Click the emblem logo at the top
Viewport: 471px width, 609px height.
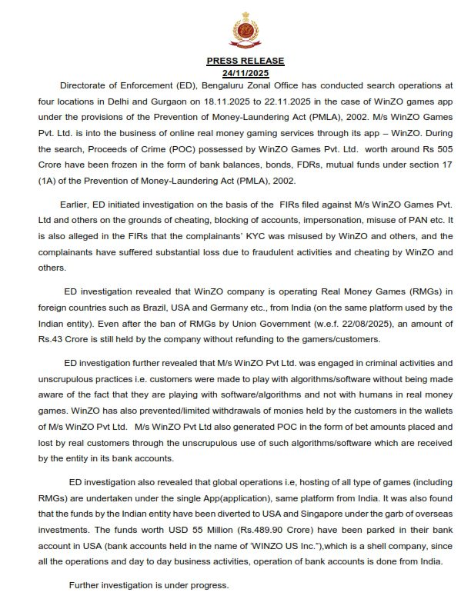[245, 32]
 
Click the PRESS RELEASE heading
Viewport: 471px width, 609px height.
[245, 61]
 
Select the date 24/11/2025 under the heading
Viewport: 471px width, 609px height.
[245, 73]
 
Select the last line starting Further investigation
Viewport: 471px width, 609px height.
[149, 585]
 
